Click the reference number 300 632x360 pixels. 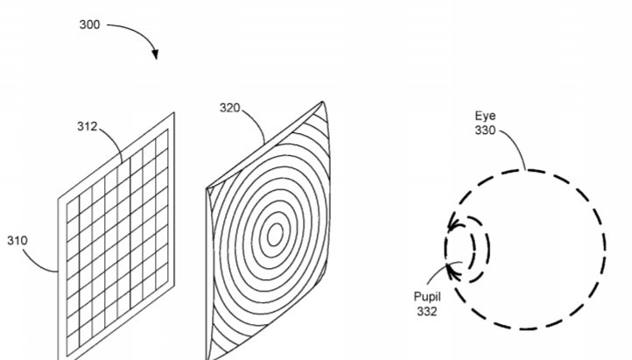(x=89, y=25)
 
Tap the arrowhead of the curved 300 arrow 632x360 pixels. (x=155, y=54)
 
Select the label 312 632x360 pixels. (x=87, y=127)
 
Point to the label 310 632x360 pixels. (x=18, y=241)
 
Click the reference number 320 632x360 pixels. (x=229, y=108)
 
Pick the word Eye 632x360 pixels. (x=485, y=116)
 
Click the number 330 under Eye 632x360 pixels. (x=485, y=131)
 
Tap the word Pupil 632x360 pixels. (x=427, y=297)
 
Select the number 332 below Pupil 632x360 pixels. (x=427, y=311)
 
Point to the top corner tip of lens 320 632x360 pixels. (x=322, y=102)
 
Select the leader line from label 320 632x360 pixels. (x=257, y=124)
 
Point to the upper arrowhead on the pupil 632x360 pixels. (x=453, y=223)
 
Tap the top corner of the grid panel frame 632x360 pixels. (x=174, y=113)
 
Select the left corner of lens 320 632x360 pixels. (x=207, y=188)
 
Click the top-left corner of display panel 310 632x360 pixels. (x=59, y=198)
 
